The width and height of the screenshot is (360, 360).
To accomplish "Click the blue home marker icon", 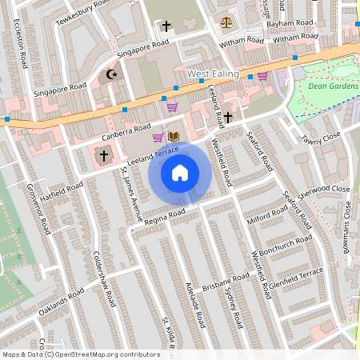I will click(180, 172).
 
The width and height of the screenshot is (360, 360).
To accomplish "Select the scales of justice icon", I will click(227, 22).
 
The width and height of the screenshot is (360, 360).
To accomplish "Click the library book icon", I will click(173, 138).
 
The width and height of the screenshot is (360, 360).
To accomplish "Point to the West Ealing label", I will click(214, 74).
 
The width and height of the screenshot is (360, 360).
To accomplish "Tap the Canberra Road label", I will click(126, 129).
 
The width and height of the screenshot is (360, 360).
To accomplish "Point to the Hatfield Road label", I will click(63, 193).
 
